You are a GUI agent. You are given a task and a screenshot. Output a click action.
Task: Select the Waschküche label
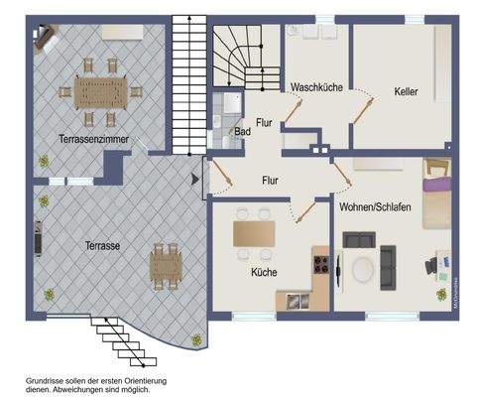point(316,88)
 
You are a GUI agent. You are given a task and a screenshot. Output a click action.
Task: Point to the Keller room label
point(405,91)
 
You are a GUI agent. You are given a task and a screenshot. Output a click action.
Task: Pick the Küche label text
point(264,272)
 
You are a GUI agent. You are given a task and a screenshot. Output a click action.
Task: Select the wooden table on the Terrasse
point(165,266)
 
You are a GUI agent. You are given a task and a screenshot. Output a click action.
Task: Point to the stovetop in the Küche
point(321,264)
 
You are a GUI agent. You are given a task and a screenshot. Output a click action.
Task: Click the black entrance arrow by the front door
point(194,180)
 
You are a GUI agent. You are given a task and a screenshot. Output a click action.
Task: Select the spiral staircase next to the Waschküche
point(246,57)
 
